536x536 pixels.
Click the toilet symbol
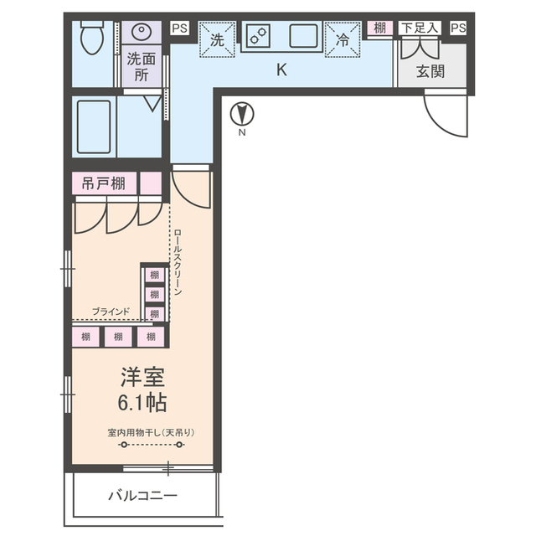(x=91, y=37)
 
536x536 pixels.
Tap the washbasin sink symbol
(x=142, y=33)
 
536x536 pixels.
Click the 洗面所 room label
(x=142, y=65)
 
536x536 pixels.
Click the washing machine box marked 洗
(x=217, y=39)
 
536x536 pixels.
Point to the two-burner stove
(x=258, y=36)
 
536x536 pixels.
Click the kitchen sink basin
(x=301, y=37)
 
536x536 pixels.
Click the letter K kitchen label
(x=282, y=70)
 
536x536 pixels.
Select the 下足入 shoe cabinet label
(x=420, y=28)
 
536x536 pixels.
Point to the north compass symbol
(x=242, y=113)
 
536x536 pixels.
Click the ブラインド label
(x=111, y=312)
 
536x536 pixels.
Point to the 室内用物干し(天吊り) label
(x=151, y=432)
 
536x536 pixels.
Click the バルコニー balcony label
(x=142, y=497)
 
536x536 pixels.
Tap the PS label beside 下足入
(x=457, y=28)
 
